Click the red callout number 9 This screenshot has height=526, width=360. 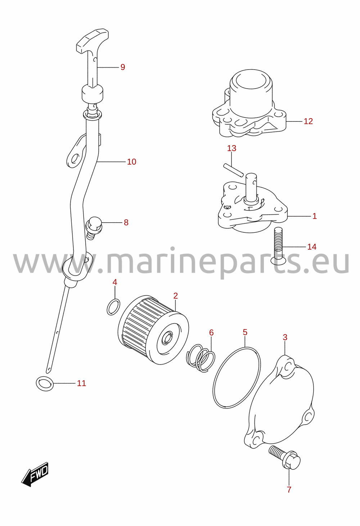click(x=123, y=67)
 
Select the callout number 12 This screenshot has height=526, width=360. click(x=308, y=121)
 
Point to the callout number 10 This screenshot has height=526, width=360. click(x=131, y=162)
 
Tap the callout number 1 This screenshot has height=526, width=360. click(x=315, y=216)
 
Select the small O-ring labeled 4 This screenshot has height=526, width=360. click(x=114, y=307)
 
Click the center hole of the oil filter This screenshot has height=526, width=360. click(x=167, y=338)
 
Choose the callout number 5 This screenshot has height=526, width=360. click(x=245, y=332)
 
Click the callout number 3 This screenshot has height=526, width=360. click(x=285, y=338)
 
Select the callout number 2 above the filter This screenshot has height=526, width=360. click(x=176, y=296)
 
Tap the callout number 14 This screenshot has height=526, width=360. click(x=312, y=247)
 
